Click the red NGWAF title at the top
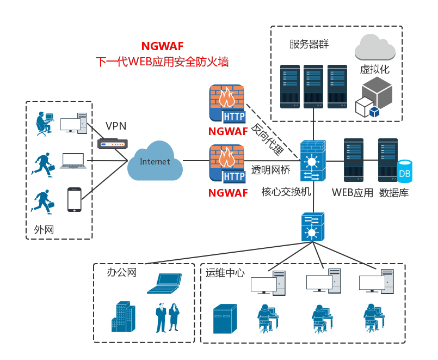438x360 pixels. tap(162, 46)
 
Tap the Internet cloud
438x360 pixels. tap(155, 161)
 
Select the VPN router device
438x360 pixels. tap(112, 144)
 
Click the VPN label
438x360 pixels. tap(116, 126)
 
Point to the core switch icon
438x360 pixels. tap(313, 161)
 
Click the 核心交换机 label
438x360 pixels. tap(286, 192)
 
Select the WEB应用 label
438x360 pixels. tap(353, 192)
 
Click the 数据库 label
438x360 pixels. tap(394, 192)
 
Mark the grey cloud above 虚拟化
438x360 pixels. tap(375, 47)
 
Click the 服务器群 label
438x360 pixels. tap(309, 44)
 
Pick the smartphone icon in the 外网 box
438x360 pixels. tap(74, 200)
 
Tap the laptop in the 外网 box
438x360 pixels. tap(73, 161)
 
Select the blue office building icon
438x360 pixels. tap(122, 317)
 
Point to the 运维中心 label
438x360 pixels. tap(225, 273)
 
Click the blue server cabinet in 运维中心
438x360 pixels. tap(225, 319)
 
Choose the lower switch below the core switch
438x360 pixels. tap(313, 227)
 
